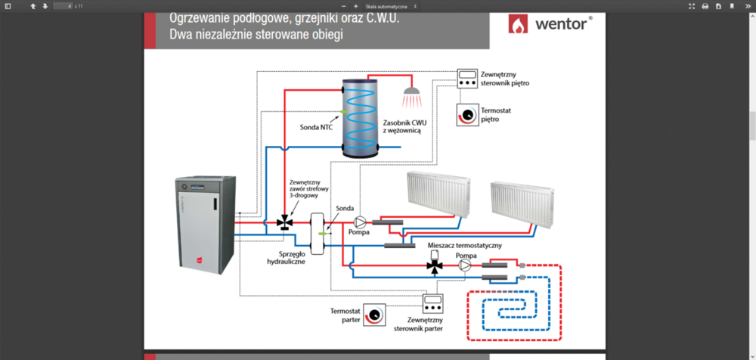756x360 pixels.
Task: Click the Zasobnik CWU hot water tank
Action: click(x=361, y=117)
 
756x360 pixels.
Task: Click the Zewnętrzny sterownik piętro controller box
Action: click(x=467, y=78)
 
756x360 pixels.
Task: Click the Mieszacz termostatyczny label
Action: click(x=464, y=246)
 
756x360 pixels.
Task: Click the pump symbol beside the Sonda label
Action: click(x=361, y=222)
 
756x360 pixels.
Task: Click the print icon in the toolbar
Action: click(x=705, y=6)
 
